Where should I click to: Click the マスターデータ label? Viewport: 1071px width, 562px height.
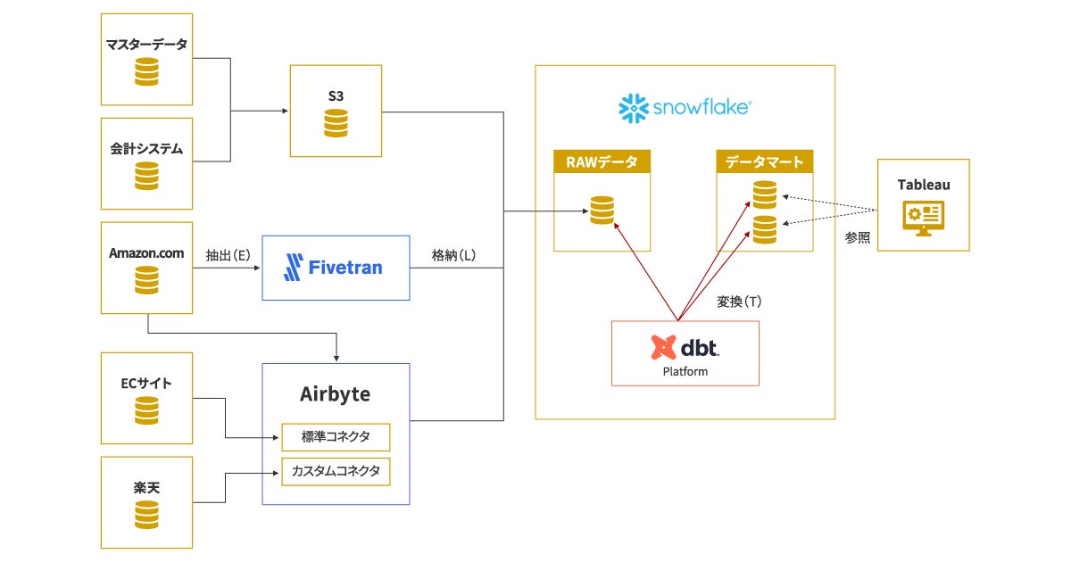pyautogui.click(x=146, y=45)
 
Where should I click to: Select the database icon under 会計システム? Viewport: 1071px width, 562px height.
pyautogui.click(x=146, y=177)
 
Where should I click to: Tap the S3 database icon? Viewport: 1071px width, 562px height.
pyautogui.click(x=336, y=123)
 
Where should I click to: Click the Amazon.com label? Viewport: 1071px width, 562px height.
pyautogui.click(x=146, y=253)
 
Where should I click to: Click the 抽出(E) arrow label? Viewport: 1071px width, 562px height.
pyautogui.click(x=226, y=254)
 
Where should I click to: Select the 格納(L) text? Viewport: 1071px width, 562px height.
pyautogui.click(x=453, y=254)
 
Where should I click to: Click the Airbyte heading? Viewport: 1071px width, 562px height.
pyautogui.click(x=336, y=393)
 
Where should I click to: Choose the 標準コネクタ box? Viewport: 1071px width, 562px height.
pyautogui.click(x=336, y=437)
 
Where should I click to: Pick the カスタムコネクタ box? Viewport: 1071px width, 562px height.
pyautogui.click(x=336, y=470)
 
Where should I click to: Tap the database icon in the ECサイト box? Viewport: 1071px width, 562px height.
pyautogui.click(x=146, y=411)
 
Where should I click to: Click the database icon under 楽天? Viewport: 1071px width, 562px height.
pyautogui.click(x=146, y=515)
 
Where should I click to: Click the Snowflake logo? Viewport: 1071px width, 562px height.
pyautogui.click(x=685, y=108)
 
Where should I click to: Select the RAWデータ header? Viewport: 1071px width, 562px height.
pyautogui.click(x=602, y=161)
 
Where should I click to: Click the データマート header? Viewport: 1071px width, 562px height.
pyautogui.click(x=764, y=161)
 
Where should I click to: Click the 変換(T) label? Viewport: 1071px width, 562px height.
pyautogui.click(x=739, y=302)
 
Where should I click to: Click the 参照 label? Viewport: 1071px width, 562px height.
pyautogui.click(x=858, y=238)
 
